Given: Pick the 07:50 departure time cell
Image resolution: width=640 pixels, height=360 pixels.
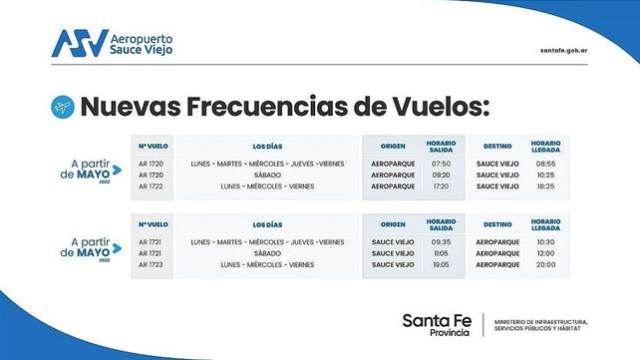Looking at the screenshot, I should (442, 163).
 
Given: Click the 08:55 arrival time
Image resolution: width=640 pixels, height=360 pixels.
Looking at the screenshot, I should (544, 163).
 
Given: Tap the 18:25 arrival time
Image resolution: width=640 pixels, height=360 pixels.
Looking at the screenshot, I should (544, 186).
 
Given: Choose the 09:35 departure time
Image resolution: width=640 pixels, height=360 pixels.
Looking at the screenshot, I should (442, 241).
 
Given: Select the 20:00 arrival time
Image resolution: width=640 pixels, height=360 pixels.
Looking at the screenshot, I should (544, 265).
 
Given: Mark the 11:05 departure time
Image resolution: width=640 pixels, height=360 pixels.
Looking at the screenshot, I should (442, 253).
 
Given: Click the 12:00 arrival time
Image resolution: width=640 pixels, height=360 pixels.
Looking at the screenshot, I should (544, 253).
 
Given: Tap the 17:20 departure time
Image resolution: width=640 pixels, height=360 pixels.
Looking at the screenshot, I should (442, 186).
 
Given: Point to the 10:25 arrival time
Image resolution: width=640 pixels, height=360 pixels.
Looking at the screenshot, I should (544, 175).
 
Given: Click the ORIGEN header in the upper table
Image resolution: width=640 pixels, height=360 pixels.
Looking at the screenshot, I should (393, 145).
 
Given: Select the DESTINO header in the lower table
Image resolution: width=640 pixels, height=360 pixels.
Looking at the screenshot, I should (497, 224).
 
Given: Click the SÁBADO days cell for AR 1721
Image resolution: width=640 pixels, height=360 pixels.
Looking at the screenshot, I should (268, 253).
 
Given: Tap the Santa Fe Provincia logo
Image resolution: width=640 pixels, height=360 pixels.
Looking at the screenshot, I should (437, 323).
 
